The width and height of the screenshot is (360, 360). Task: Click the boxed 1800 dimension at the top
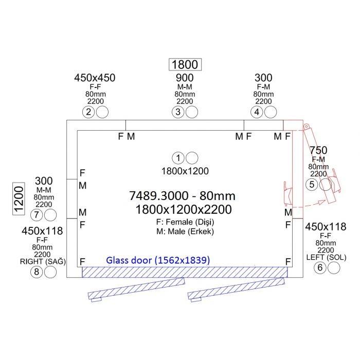pos(185,64)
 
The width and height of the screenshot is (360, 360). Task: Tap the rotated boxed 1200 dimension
pos(19,199)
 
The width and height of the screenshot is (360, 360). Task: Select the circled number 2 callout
pos(88,112)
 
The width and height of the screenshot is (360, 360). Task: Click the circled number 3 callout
pos(178,112)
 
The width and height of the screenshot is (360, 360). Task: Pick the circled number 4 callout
pos(257,112)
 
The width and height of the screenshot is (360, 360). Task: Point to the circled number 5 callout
pos(312,184)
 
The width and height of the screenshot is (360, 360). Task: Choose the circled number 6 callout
pos(320,268)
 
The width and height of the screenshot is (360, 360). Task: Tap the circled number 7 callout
pos(37,215)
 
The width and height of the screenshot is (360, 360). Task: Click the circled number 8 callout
pos(37,272)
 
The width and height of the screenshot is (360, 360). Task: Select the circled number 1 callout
pos(178,158)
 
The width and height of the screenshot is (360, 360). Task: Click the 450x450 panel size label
pos(95,78)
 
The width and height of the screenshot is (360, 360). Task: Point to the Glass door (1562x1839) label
pos(158,260)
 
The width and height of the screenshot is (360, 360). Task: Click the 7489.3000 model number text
pos(159,196)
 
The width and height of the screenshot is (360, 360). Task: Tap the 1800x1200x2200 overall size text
pos(184,209)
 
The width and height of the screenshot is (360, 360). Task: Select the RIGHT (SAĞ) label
pos(43,261)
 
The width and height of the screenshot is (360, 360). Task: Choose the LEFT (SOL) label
pos(326,257)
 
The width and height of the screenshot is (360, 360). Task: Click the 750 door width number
pos(318,150)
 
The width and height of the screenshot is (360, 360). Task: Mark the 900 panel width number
pos(185,78)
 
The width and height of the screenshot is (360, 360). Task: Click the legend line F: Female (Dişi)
pos(185,222)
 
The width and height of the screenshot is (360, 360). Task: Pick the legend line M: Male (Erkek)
pos(185,231)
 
